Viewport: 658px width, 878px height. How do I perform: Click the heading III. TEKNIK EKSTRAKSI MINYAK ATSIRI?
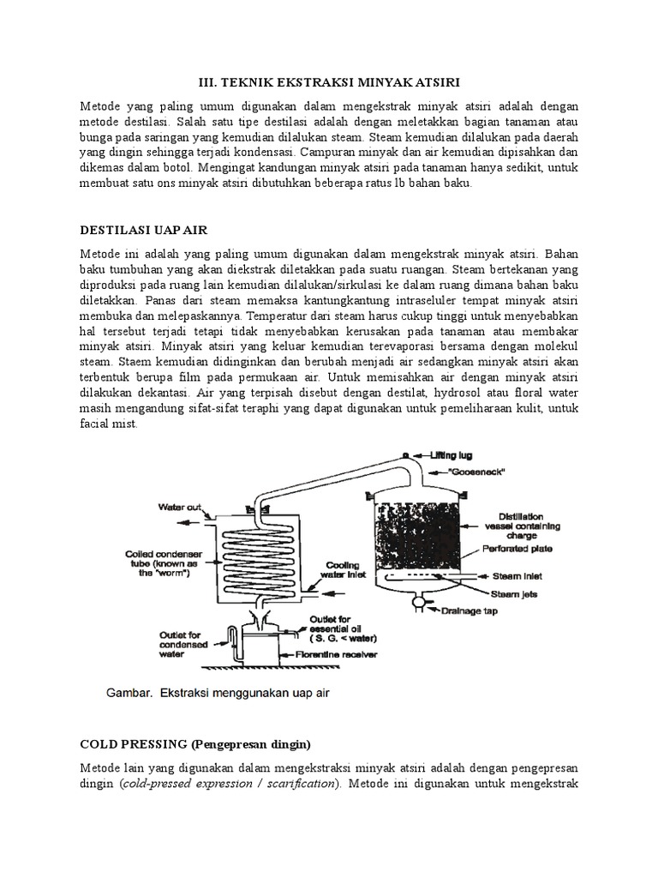click(328, 81)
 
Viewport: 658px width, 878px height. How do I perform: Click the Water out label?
click(177, 507)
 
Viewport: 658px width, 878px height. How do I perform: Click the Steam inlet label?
click(516, 576)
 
